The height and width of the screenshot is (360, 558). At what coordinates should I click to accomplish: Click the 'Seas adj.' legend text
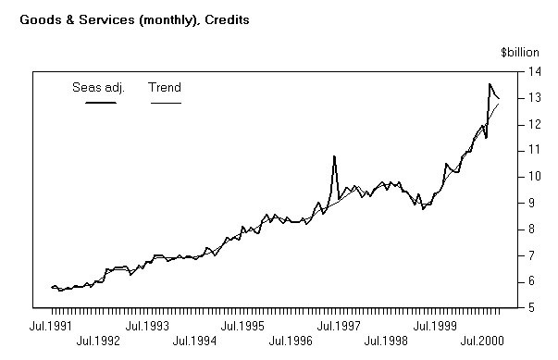tap(98, 88)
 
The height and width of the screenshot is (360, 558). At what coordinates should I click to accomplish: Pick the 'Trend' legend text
tap(165, 88)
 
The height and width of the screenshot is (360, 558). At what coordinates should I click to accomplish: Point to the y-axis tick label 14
tap(535, 71)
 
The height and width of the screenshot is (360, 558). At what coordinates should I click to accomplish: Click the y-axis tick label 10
tap(535, 176)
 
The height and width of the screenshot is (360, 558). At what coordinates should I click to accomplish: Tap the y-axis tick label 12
tap(535, 124)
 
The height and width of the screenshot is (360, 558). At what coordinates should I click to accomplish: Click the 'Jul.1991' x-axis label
tap(52, 326)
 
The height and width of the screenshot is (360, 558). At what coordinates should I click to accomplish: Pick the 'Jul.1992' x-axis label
tap(100, 341)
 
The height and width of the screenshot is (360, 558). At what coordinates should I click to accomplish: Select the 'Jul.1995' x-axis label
tap(243, 326)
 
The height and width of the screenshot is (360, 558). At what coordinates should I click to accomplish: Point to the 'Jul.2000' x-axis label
tap(481, 341)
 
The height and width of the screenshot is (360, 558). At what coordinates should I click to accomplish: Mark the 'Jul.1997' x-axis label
tap(339, 326)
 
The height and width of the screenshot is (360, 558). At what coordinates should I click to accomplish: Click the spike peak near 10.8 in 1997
tap(333, 156)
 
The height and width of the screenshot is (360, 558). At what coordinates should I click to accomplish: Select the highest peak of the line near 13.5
tap(490, 84)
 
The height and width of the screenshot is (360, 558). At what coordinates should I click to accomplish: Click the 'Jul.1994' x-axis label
tap(195, 341)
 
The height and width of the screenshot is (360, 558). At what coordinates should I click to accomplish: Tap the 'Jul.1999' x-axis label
tap(434, 326)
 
